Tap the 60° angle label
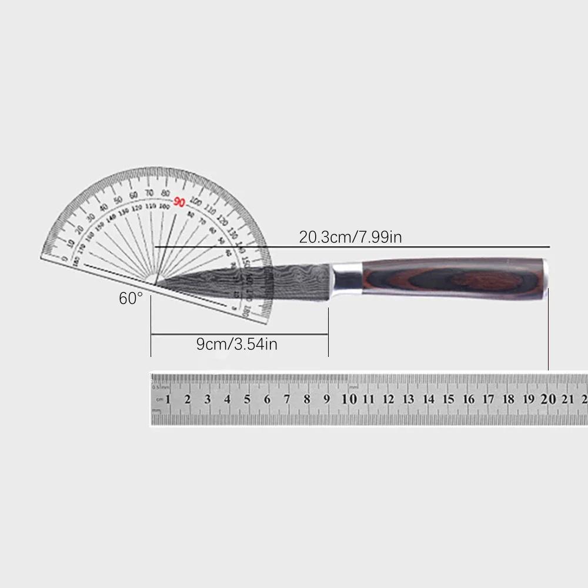click(131, 298)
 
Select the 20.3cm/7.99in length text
click(350, 238)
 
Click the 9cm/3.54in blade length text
click(237, 344)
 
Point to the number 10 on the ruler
click(349, 399)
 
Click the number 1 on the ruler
click(168, 399)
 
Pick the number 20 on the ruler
click(548, 399)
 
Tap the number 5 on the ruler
click(247, 399)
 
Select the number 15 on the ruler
click(448, 399)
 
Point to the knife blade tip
click(155, 286)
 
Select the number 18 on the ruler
click(508, 399)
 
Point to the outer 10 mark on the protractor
click(71, 244)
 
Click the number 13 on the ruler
click(408, 399)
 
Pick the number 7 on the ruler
click(286, 399)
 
